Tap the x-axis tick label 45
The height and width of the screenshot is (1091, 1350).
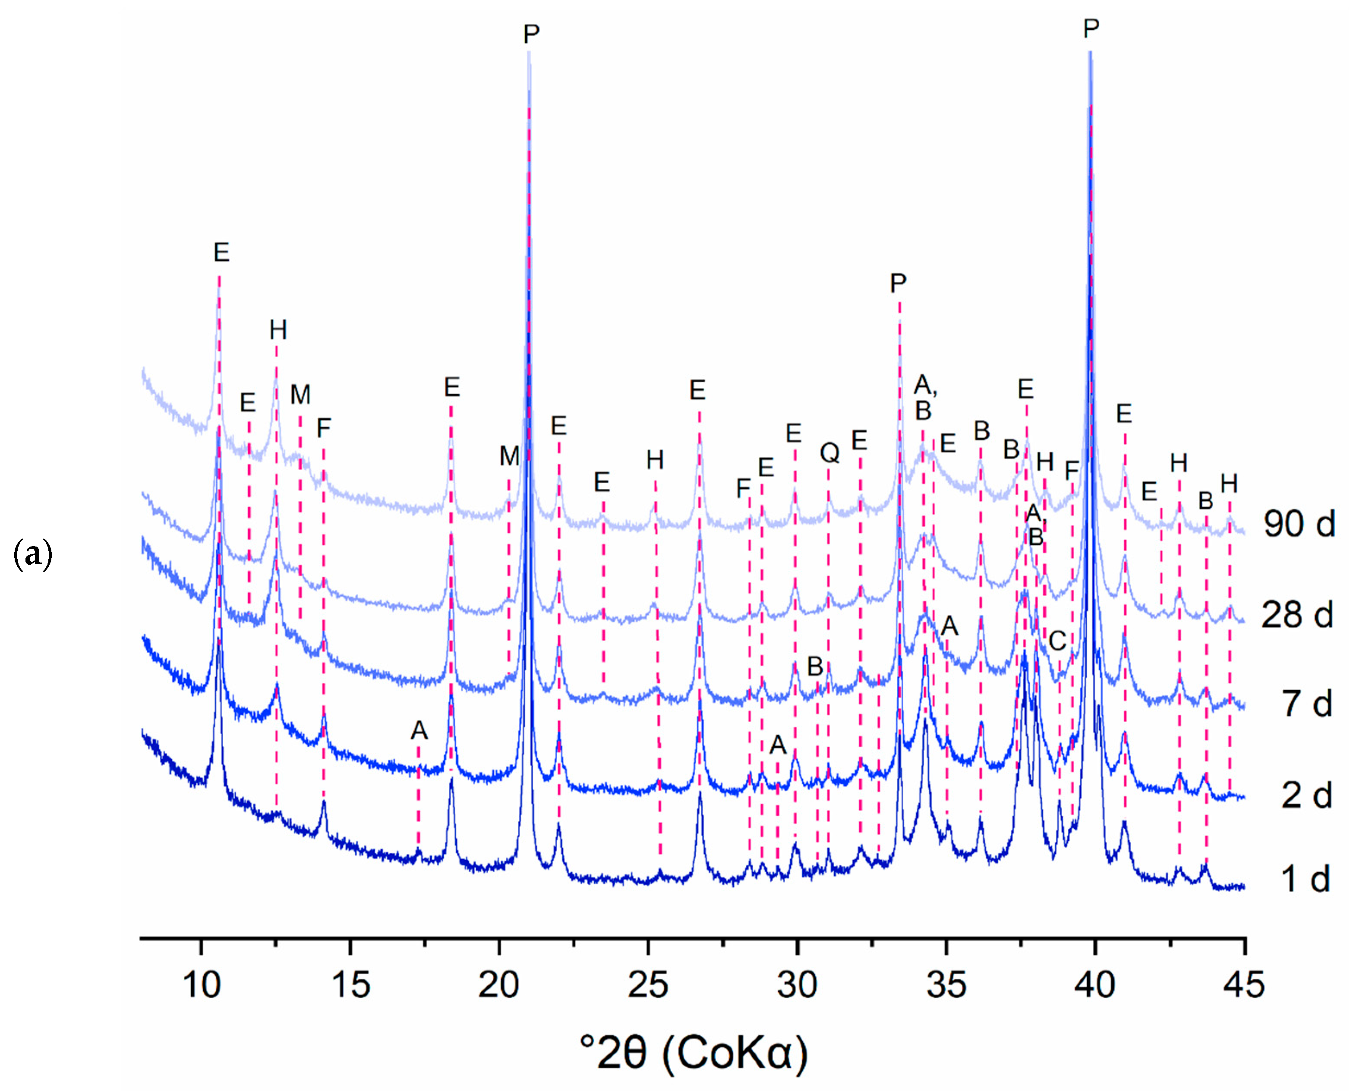click(1244, 984)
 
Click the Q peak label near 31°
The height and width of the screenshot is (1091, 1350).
click(830, 453)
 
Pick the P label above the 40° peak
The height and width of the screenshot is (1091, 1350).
click(1091, 29)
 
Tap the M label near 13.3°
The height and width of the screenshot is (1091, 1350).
click(300, 395)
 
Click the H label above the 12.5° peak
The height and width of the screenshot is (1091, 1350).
click(278, 329)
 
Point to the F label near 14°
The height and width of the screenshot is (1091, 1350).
click(323, 429)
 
